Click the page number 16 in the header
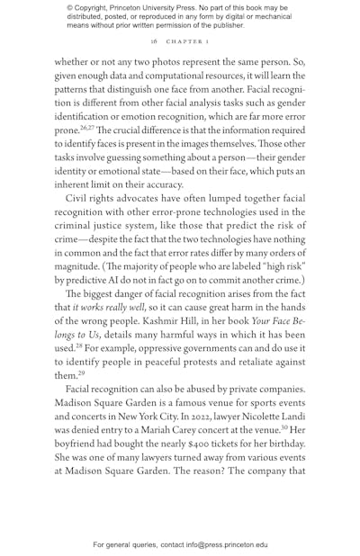coord(154,41)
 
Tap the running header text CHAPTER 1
coord(186,41)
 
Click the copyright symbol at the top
coord(70,8)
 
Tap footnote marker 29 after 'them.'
coord(83,373)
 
